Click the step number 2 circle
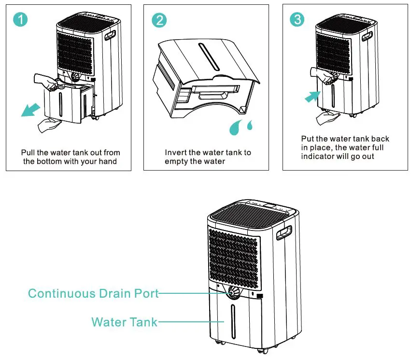pos(159,20)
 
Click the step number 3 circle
pos(297,20)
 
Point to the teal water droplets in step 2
pos(242,127)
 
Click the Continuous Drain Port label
pos(93,293)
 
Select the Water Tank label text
pos(125,322)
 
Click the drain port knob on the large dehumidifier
pos(234,292)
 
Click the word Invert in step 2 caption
pos(175,153)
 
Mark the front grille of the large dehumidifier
pos(234,257)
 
